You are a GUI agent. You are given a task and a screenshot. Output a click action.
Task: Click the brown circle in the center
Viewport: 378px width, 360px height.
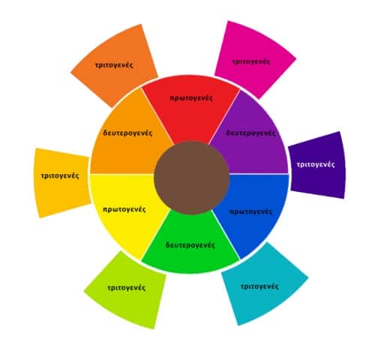pos(192,178)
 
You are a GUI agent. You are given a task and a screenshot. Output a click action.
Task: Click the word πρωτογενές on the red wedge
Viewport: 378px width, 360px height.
pos(191,98)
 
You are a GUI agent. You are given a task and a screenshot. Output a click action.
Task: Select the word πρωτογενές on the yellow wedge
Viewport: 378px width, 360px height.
pos(124,209)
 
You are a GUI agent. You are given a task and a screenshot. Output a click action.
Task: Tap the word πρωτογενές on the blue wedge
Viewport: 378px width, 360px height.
pos(250,211)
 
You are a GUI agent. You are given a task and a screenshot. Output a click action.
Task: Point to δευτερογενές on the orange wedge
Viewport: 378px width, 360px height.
pos(127,133)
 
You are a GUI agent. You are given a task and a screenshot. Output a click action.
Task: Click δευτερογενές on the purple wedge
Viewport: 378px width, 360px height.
pos(250,133)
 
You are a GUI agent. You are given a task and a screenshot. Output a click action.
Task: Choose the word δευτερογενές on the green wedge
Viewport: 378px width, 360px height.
pos(190,245)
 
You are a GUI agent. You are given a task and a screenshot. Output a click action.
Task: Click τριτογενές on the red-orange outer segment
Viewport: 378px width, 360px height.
pos(114,65)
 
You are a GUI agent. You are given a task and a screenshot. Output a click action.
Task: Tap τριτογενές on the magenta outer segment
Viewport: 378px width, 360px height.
pos(251,61)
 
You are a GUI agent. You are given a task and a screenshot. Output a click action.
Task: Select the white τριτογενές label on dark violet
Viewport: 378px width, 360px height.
pos(316,164)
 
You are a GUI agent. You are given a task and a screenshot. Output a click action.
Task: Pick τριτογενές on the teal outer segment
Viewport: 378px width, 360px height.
pos(259,286)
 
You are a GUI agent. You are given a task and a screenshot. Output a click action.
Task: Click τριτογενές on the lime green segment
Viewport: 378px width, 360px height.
pos(127,288)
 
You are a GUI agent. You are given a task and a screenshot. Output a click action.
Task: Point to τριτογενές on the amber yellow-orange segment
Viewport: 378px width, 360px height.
pos(60,175)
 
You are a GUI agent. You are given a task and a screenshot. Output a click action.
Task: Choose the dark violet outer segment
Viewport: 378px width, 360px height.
pos(317,165)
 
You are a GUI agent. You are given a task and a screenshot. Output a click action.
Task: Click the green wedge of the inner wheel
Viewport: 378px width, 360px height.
pos(190,246)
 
